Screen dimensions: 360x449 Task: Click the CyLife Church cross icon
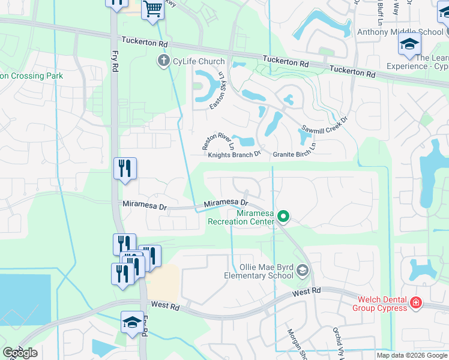click(x=163, y=61)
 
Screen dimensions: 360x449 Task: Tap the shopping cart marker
click(x=153, y=10)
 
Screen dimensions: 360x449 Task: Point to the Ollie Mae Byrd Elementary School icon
click(x=302, y=271)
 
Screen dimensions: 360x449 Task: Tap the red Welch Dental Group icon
click(x=415, y=304)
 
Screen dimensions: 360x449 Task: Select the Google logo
click(x=20, y=353)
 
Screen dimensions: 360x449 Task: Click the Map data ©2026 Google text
click(x=411, y=355)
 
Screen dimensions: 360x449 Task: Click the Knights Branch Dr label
click(x=234, y=154)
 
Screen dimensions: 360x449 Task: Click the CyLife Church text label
click(x=198, y=61)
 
